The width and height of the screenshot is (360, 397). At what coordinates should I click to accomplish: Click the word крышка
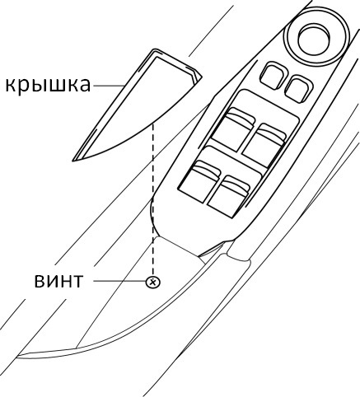pos(48,85)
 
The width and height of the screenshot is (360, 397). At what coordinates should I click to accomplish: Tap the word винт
pos(58,281)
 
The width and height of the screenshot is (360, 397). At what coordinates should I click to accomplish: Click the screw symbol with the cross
pos(153,282)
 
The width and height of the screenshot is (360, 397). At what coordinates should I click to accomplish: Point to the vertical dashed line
pos(153,199)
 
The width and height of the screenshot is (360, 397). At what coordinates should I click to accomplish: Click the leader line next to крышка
pos(109,86)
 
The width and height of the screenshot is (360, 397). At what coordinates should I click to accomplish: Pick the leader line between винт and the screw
pos(119,281)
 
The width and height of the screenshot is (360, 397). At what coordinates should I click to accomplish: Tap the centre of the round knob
pos(314,39)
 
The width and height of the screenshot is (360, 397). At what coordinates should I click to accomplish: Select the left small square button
pos(274,76)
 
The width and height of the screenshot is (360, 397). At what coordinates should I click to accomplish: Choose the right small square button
pos(298,89)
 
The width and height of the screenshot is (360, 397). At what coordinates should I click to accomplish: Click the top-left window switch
pos(233,129)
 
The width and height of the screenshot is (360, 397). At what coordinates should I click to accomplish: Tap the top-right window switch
pos(264,145)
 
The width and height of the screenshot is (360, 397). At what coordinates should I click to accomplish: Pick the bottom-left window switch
pos(199,181)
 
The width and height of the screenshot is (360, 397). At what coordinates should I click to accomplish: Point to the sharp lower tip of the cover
pos(72,161)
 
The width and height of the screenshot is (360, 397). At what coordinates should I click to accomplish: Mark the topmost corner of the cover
pos(154,49)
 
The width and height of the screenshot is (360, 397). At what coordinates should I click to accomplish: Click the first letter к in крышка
pos(11,85)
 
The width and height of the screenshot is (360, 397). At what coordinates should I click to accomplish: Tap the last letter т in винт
pos(77,281)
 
